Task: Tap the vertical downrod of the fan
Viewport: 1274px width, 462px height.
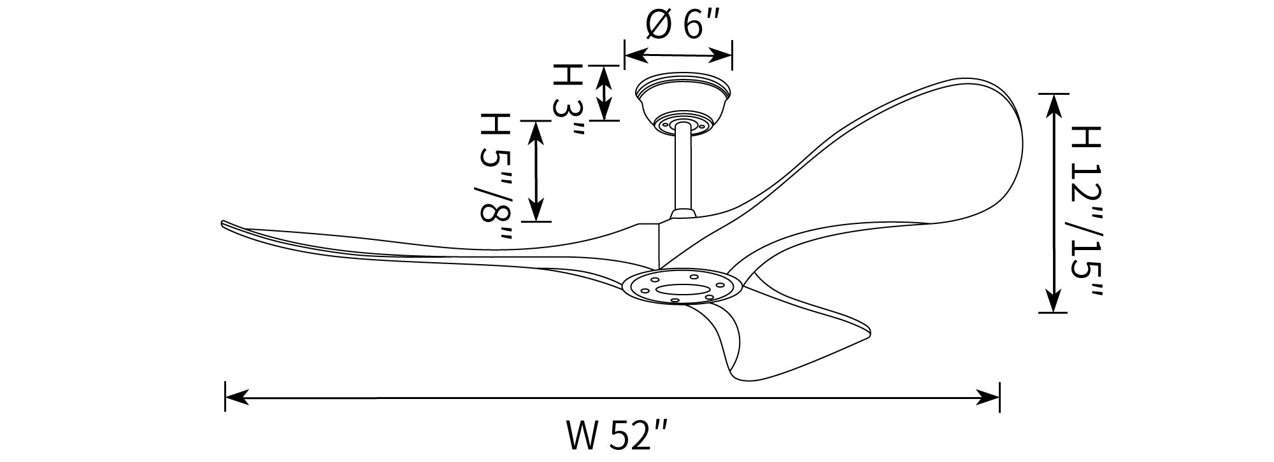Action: tap(684, 169)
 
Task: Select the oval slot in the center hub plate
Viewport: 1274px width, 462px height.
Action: tap(675, 290)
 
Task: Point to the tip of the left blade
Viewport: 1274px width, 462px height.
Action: tap(223, 223)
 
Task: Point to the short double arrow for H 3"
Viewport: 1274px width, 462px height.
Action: tap(603, 92)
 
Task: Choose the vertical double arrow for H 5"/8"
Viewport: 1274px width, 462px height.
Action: tap(537, 171)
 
